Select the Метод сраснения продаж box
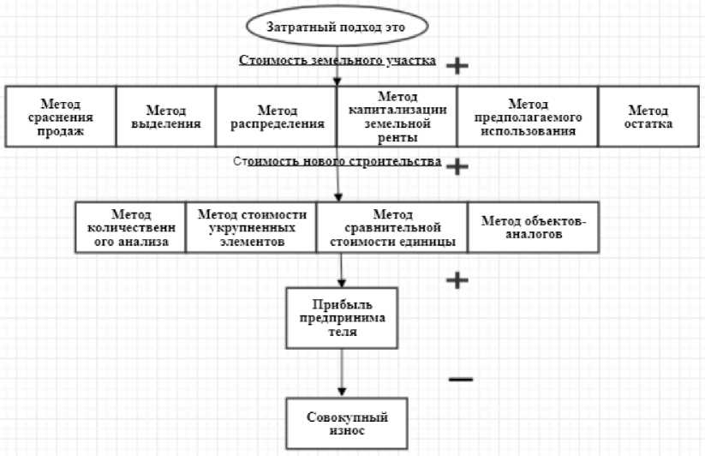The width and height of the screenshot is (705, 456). [x=60, y=116]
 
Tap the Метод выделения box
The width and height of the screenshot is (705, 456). [x=165, y=116]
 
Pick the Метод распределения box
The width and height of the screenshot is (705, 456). [x=277, y=116]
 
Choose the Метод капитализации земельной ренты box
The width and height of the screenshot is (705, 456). [x=397, y=116]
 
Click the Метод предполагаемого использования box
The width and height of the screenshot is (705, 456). [x=527, y=116]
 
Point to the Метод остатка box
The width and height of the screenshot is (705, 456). [x=648, y=116]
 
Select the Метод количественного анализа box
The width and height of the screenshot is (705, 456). [x=131, y=227]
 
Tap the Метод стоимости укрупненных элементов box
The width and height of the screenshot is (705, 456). [x=252, y=227]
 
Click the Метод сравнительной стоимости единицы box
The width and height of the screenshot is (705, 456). [x=391, y=227]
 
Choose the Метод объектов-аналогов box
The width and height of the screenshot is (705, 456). [x=521, y=227]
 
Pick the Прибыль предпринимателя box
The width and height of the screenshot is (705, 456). [x=342, y=318]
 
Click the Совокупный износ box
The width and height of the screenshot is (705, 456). [x=342, y=423]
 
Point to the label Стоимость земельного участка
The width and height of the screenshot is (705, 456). [x=338, y=61]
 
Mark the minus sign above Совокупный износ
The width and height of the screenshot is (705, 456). [x=460, y=378]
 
